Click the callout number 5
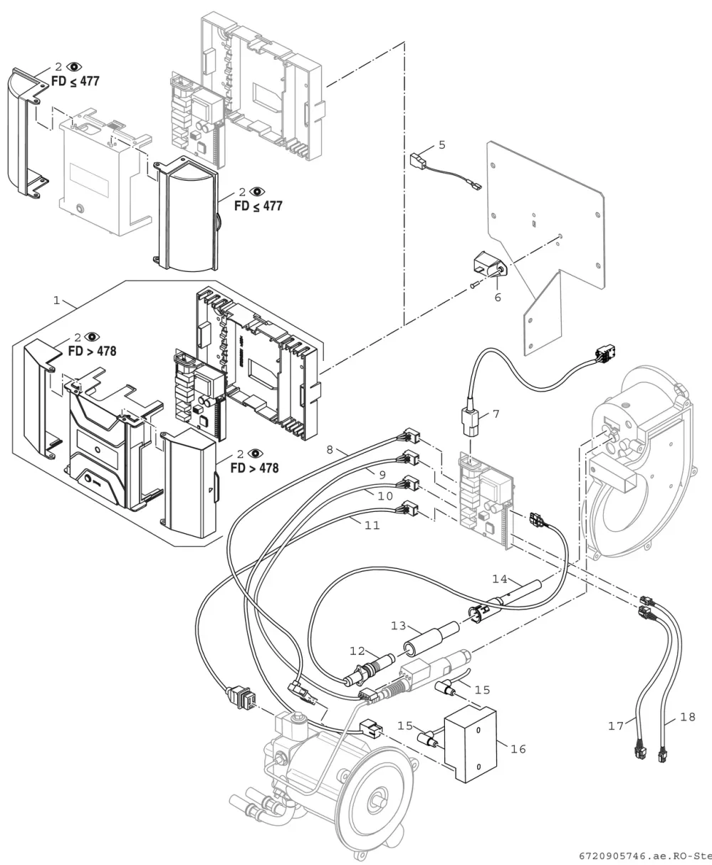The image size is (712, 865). pyautogui.click(x=441, y=145)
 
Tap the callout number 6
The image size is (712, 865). pyautogui.click(x=498, y=298)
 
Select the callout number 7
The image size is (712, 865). pyautogui.click(x=496, y=414)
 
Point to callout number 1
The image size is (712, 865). pyautogui.click(x=56, y=300)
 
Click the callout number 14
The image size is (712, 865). pyautogui.click(x=500, y=579)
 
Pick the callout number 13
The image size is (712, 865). pyautogui.click(x=398, y=626)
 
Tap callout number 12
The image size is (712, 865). pyautogui.click(x=357, y=651)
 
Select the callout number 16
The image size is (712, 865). pyautogui.click(x=518, y=749)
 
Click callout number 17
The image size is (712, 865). pyautogui.click(x=616, y=726)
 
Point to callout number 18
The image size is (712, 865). pyautogui.click(x=688, y=717)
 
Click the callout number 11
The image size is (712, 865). pyautogui.click(x=372, y=525)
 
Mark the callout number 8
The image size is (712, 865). pyautogui.click(x=330, y=450)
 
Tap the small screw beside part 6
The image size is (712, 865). pyautogui.click(x=473, y=286)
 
